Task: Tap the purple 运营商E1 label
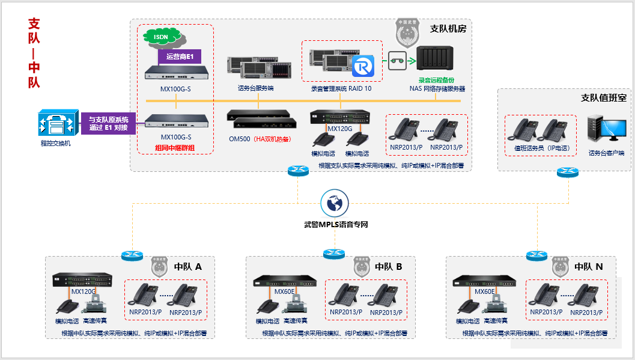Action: pyautogui.click(x=180, y=57)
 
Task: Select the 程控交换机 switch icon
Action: pyautogui.click(x=58, y=123)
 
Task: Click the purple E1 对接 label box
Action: pyautogui.click(x=109, y=124)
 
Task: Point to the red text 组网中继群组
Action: pyautogui.click(x=175, y=148)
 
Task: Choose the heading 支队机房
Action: pyautogui.click(x=448, y=28)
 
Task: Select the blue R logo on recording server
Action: pyautogui.click(x=363, y=66)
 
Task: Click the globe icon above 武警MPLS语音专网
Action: pyautogui.click(x=335, y=204)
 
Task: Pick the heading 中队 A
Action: pyautogui.click(x=187, y=266)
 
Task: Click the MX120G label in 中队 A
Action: pyautogui.click(x=84, y=292)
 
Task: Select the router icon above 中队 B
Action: pyautogui.click(x=333, y=254)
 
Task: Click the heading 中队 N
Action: pyautogui.click(x=588, y=266)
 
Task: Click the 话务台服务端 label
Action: pyautogui.click(x=255, y=88)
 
